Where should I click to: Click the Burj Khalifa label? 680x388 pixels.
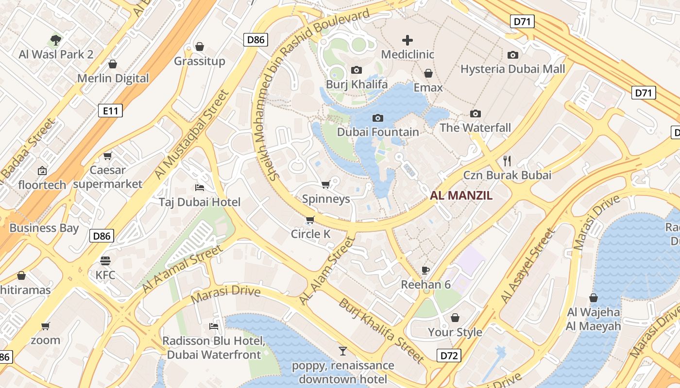(357, 84)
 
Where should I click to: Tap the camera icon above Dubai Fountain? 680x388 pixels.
(377, 118)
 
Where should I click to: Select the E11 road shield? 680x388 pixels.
(111, 111)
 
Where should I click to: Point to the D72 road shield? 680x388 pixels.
(449, 356)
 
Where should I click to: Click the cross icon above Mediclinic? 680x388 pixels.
(408, 40)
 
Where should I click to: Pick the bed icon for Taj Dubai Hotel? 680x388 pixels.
(199, 187)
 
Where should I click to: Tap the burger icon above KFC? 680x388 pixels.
(105, 261)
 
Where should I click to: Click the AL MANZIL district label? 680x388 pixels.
(461, 195)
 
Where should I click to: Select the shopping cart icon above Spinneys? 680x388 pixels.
(326, 184)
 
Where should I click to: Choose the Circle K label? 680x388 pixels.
(310, 234)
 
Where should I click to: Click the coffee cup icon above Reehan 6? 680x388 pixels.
(425, 270)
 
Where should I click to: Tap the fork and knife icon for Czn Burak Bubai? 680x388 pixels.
(507, 161)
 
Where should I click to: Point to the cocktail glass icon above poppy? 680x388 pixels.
(343, 351)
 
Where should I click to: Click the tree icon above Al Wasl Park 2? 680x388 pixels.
(56, 40)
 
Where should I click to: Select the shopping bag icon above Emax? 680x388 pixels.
(428, 73)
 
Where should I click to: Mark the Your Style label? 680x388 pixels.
(455, 332)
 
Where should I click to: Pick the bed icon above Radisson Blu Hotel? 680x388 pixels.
(213, 326)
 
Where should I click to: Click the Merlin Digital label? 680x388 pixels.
(113, 78)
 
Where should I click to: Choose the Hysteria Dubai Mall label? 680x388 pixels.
(512, 69)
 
